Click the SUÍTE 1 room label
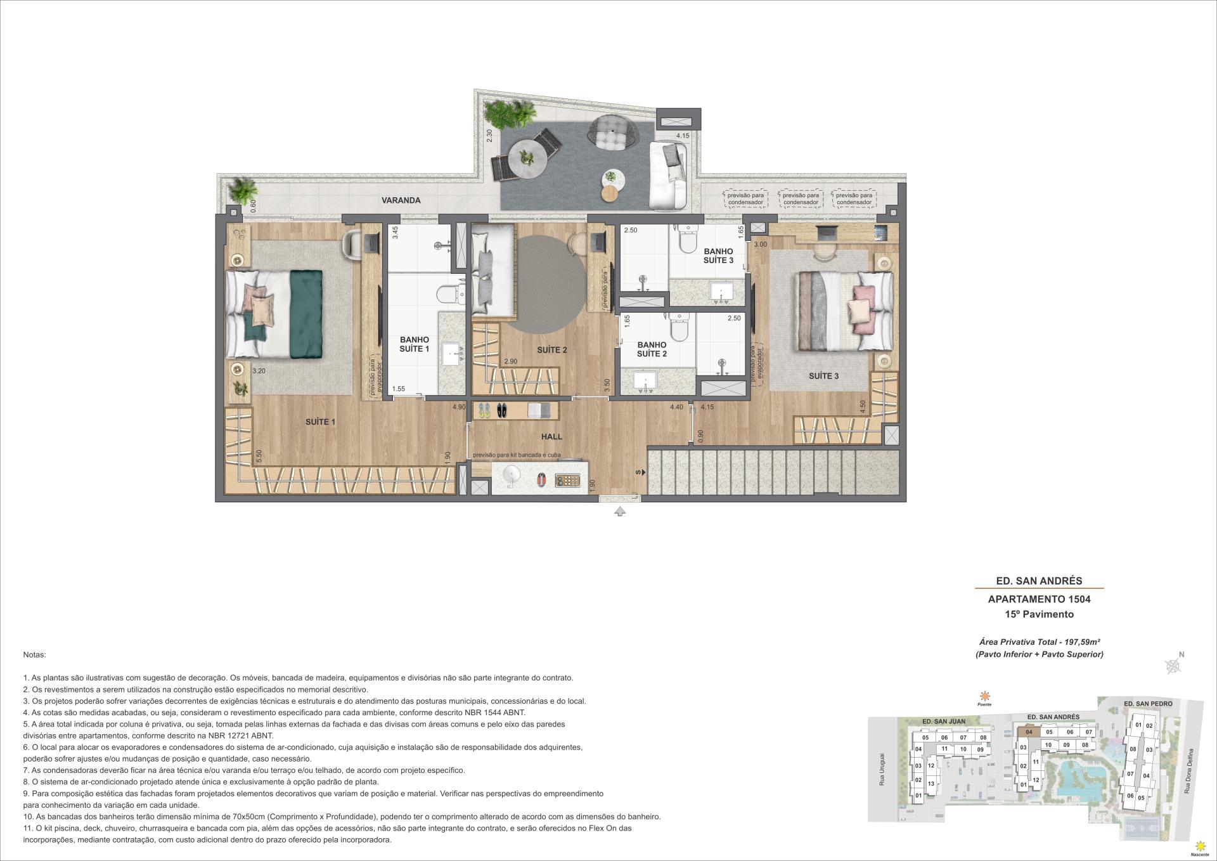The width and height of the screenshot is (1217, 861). (x=320, y=422)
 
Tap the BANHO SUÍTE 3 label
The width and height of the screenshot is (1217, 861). (x=718, y=256)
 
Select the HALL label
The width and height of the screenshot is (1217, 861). (x=551, y=436)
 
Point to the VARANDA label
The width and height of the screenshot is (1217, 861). (x=401, y=200)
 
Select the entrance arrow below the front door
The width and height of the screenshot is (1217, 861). (x=619, y=512)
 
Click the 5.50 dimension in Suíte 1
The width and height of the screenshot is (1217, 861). (x=259, y=456)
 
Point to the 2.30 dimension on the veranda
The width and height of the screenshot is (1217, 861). (x=489, y=136)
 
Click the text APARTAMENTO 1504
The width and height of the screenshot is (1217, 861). (x=1039, y=599)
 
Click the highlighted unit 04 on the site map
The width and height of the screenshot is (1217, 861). (x=1029, y=732)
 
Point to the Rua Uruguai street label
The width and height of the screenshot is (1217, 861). (x=881, y=770)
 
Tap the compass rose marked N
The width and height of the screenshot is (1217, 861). (x=1173, y=665)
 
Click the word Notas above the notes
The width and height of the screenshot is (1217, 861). (x=34, y=654)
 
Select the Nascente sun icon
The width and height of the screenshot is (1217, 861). (x=1199, y=846)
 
